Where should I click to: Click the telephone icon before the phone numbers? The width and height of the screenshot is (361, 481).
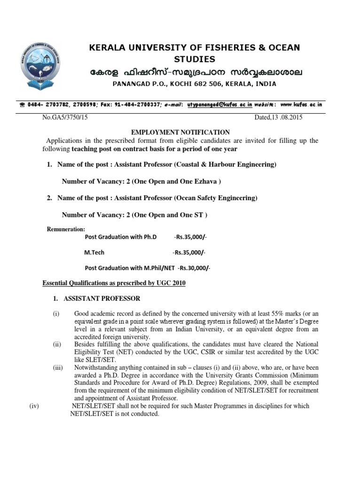(22, 106)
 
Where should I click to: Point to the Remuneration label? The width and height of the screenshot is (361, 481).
(66, 229)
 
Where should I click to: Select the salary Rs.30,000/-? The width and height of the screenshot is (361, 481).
(195, 268)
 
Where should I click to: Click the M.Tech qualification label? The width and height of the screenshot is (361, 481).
(94, 252)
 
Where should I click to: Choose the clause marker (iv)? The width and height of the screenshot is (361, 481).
(33, 406)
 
